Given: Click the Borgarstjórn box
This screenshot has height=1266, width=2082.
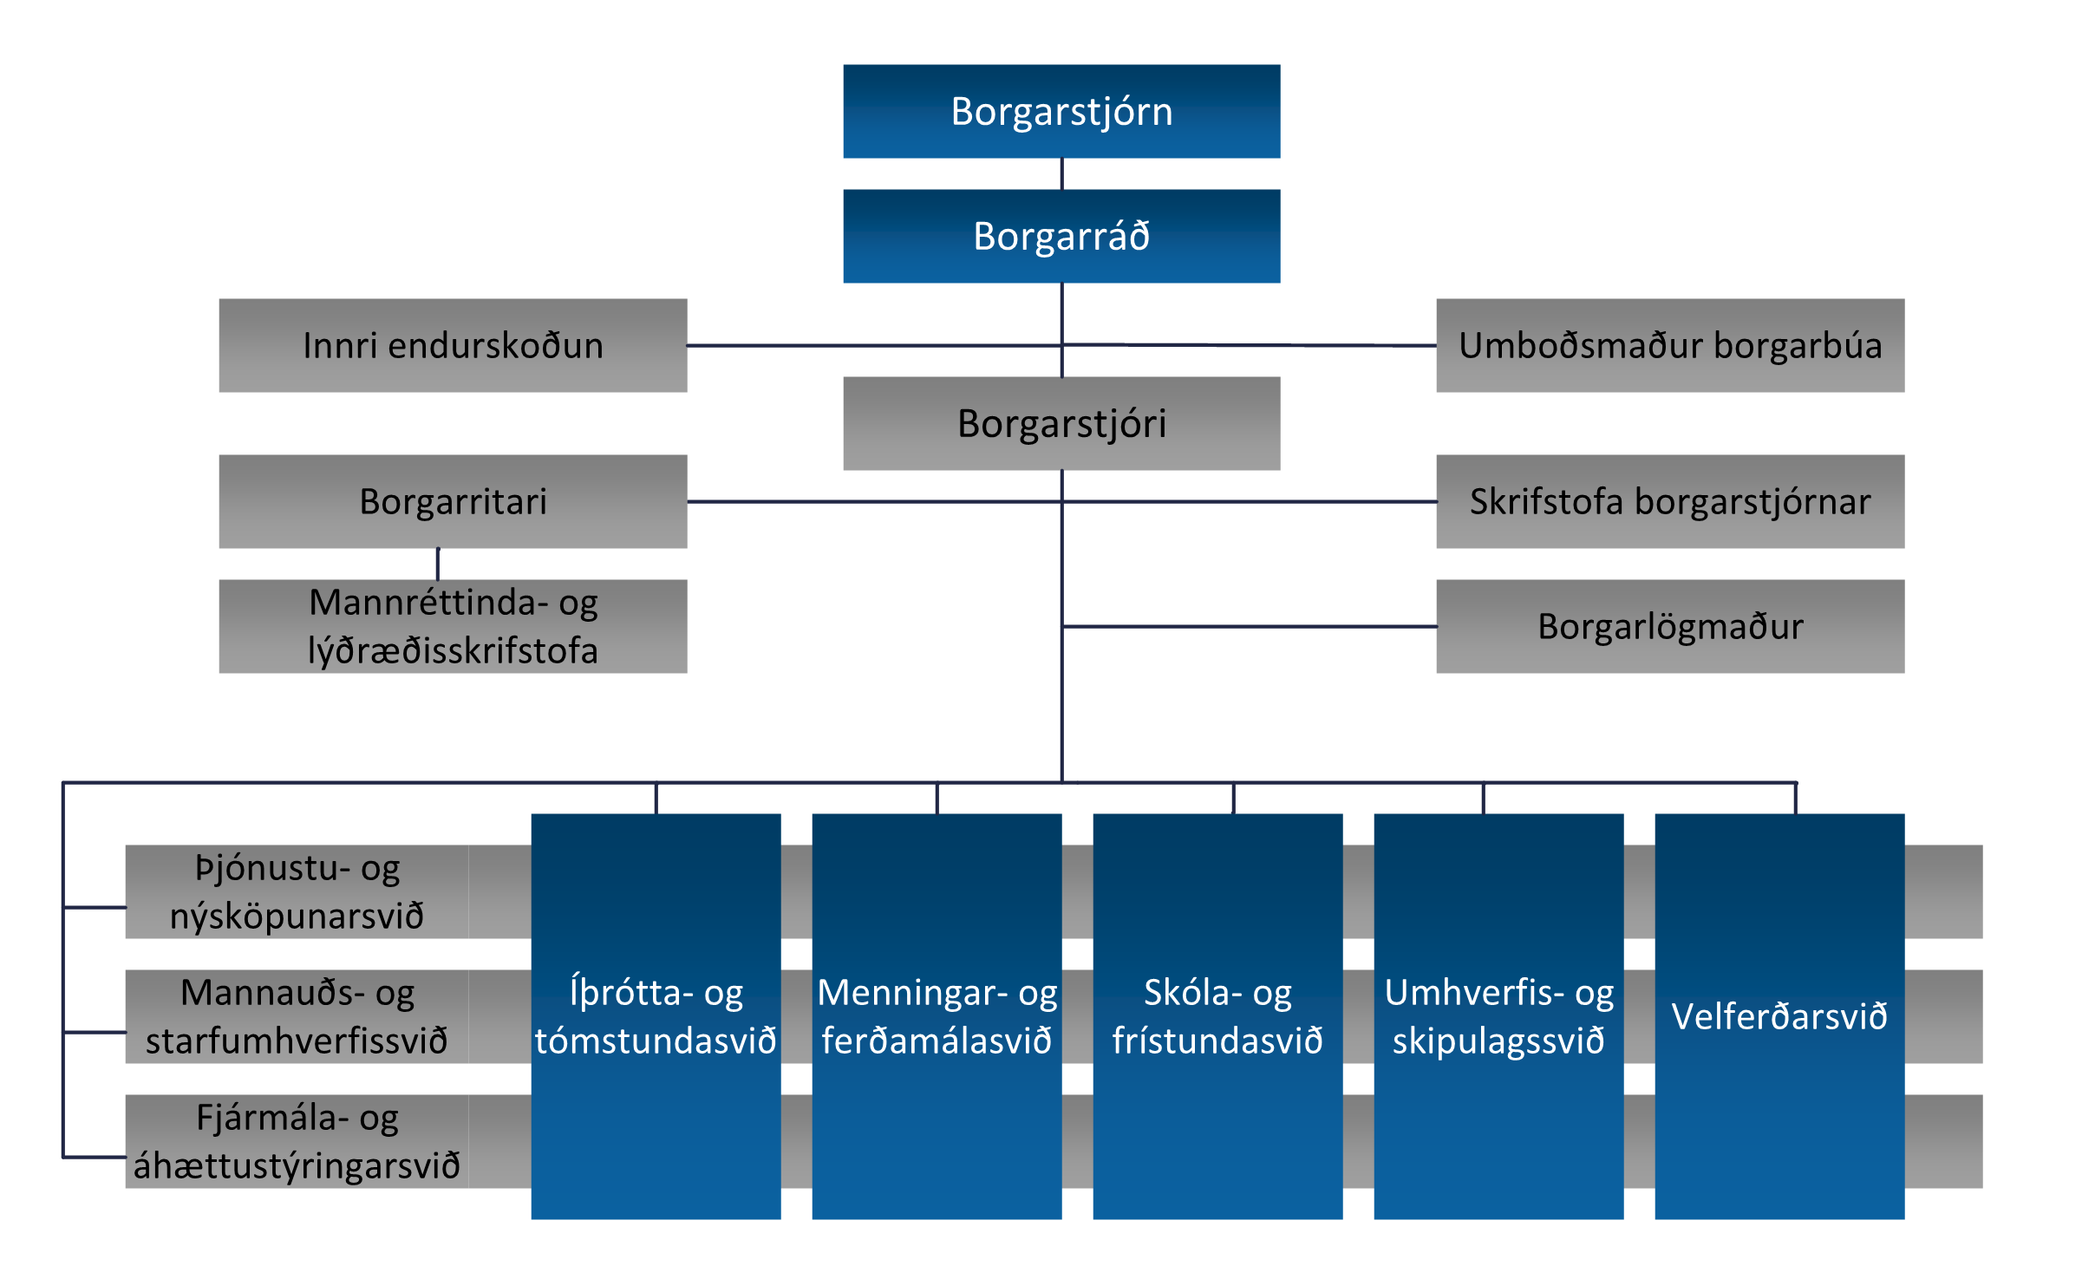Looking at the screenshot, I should point(1061,111).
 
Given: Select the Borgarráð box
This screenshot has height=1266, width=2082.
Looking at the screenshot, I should point(1061,236).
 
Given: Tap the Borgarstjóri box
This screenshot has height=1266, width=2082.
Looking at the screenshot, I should point(1061,423).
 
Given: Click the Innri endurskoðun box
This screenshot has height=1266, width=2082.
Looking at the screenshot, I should point(453,345).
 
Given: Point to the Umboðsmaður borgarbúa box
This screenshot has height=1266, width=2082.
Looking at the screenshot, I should point(1670,345).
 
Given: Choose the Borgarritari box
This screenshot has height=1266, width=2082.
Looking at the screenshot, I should point(453,501).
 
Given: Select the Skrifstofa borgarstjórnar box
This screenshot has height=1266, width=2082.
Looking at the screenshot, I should point(1670,501).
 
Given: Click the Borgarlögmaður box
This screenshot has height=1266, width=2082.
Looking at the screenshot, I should point(1670,626).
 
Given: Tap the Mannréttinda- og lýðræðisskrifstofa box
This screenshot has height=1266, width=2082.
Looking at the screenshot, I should point(453,626).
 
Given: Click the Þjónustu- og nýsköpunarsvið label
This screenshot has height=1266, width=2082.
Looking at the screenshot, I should point(297,891).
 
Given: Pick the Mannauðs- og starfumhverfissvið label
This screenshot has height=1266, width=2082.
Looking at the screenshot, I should point(297,1016).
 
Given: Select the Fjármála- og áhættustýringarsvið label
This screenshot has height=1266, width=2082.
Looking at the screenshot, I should point(297,1141).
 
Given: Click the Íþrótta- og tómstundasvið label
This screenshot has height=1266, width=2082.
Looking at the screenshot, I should point(656,1016).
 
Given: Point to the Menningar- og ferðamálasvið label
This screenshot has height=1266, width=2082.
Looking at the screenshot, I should point(937,1016).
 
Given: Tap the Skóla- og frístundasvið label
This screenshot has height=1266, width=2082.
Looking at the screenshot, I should point(1217,1016).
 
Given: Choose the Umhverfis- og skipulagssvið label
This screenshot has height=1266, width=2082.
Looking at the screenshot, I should point(1498,1016).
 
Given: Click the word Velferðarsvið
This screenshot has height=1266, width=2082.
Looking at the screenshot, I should point(1779,1016).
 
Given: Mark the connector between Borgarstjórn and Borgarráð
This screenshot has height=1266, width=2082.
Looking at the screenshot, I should point(1061,173).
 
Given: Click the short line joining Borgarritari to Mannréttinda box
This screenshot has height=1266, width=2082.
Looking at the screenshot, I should point(438,564).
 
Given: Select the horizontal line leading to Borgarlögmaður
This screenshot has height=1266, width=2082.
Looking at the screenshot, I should point(1249,626).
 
